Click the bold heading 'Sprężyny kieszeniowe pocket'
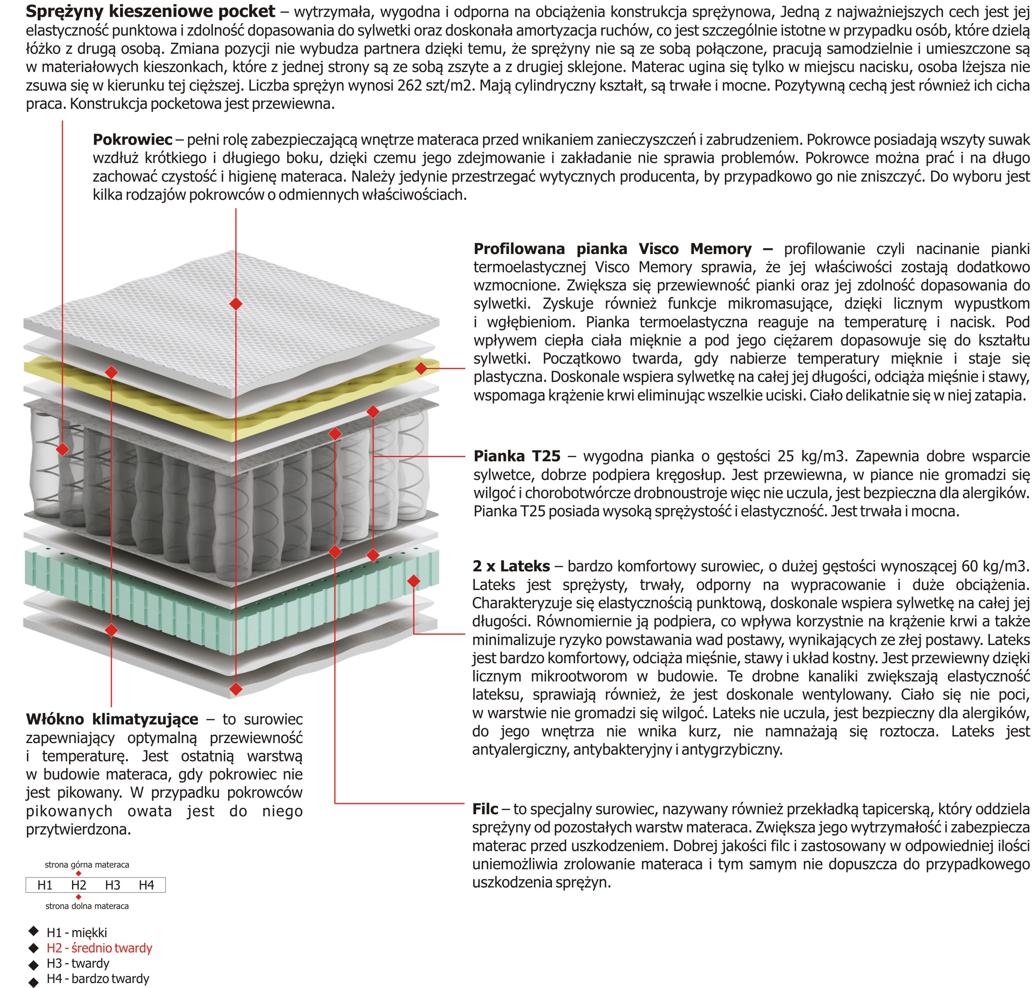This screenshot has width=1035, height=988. click(x=150, y=12)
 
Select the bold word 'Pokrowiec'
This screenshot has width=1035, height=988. click(x=132, y=139)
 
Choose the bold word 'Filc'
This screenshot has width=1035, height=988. click(x=485, y=809)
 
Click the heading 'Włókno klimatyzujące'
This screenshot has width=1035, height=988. click(x=112, y=719)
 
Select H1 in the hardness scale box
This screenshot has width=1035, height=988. click(x=45, y=885)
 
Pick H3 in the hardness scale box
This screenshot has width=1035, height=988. click(x=113, y=885)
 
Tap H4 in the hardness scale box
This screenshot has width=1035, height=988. click(x=147, y=885)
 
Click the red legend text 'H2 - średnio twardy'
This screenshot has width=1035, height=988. click(x=99, y=948)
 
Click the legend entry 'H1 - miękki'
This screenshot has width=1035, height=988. click(x=77, y=933)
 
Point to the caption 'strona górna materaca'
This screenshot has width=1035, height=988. click(x=87, y=865)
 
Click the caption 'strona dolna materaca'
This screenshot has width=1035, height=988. click(x=87, y=906)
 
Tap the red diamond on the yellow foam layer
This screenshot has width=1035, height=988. click(x=421, y=368)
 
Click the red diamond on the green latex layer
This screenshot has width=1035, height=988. click(x=414, y=581)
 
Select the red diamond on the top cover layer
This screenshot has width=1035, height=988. click(x=236, y=304)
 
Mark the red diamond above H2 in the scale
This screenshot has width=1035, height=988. click(x=79, y=873)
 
